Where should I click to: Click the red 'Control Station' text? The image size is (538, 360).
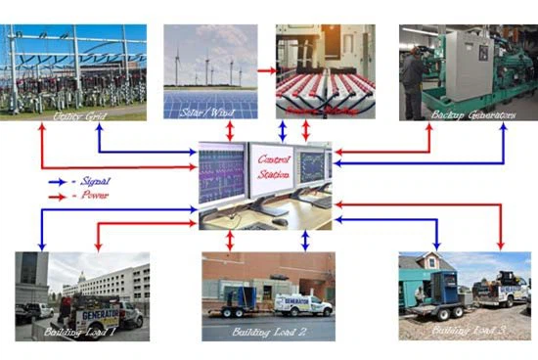coord(274,167)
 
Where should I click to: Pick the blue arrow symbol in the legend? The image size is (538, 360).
coord(61,182)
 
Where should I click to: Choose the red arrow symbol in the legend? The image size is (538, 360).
coord(61,196)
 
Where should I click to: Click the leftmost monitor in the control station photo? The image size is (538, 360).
coord(224,172)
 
